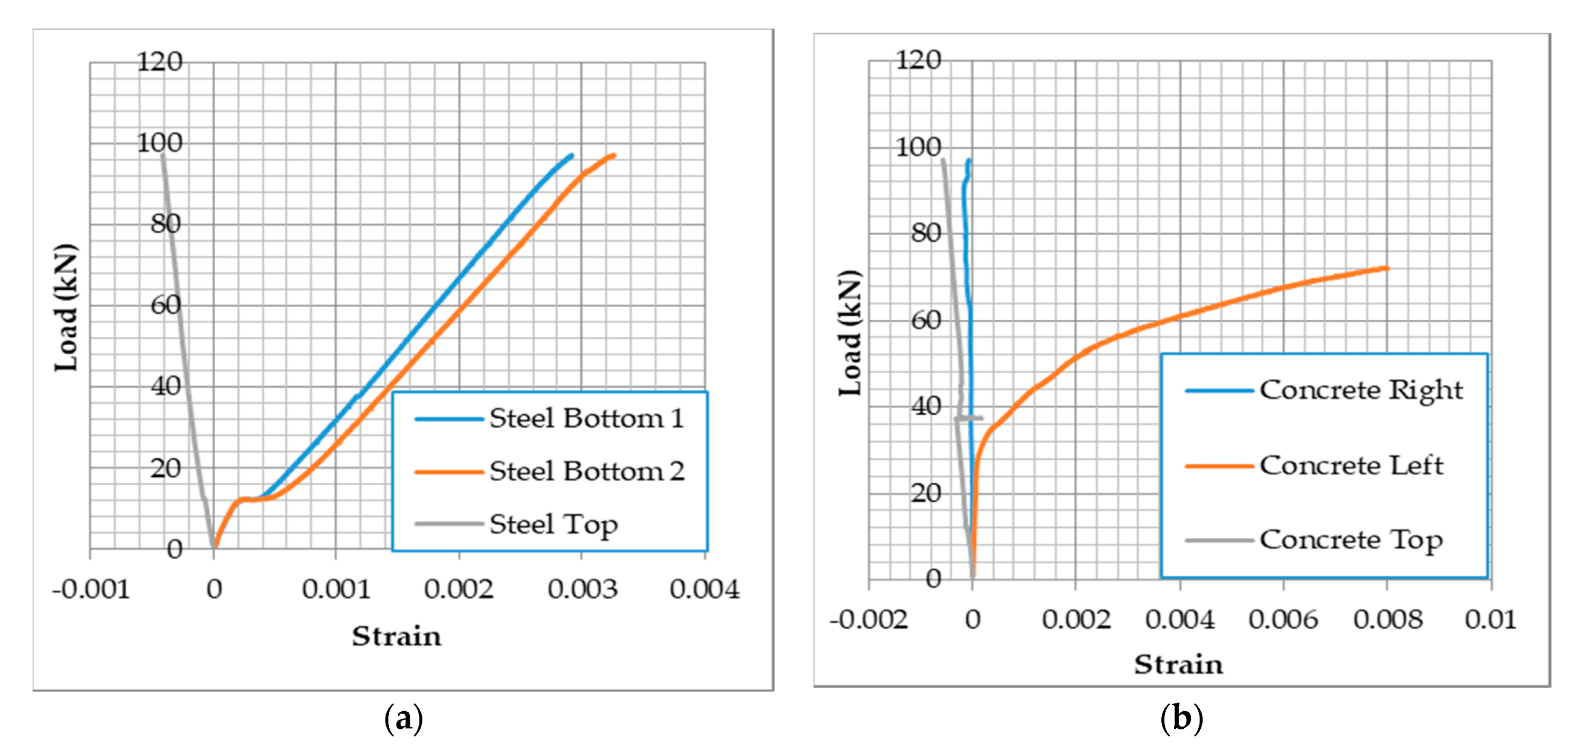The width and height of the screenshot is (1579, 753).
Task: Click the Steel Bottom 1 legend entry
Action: [586, 419]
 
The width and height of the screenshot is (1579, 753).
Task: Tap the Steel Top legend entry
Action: [553, 525]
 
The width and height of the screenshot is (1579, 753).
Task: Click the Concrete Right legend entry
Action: [1360, 390]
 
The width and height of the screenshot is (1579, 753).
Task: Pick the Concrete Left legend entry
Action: [1351, 466]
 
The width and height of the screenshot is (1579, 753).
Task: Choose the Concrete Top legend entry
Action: [1350, 540]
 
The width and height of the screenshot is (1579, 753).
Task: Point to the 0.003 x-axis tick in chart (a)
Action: [582, 589]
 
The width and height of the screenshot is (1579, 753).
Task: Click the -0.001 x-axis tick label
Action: [91, 589]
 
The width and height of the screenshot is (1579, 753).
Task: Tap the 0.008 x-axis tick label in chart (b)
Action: [1387, 620]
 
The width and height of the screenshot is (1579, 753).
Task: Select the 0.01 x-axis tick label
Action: [1490, 620]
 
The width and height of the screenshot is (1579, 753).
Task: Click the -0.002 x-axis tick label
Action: [868, 620]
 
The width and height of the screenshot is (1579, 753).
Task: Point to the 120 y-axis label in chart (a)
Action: [159, 62]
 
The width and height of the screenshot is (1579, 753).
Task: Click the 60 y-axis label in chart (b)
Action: [925, 320]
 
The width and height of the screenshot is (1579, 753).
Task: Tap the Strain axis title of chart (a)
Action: [396, 636]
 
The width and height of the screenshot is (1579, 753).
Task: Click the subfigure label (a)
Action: [403, 717]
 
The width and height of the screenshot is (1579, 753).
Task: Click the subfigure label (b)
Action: [1181, 717]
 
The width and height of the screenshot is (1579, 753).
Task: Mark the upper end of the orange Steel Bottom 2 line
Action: [613, 155]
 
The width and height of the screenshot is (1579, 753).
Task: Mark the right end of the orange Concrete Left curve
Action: [1387, 268]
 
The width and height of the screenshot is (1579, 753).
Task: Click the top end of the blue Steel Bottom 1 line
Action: [572, 155]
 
